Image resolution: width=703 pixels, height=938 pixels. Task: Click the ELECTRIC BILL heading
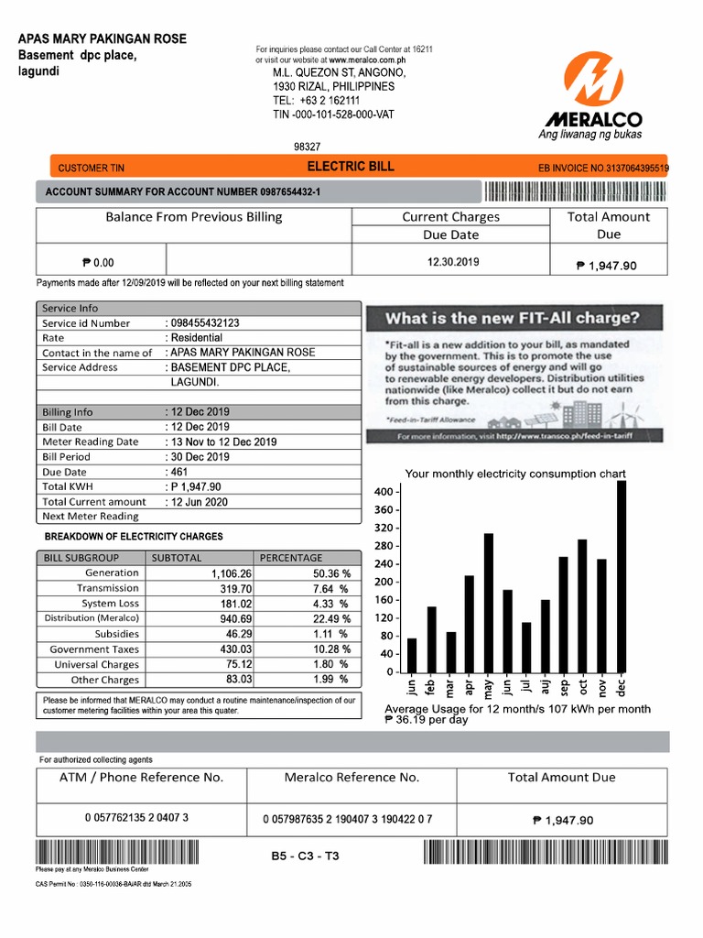[351, 167]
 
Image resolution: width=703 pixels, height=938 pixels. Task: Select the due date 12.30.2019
[452, 262]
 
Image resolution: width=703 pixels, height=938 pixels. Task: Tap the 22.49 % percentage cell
[330, 618]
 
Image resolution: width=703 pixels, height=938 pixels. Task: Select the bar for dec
[622, 576]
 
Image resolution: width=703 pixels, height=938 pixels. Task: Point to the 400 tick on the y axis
[384, 493]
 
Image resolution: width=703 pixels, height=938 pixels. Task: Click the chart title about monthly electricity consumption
[515, 474]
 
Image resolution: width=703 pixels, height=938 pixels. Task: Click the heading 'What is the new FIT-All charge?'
[512, 319]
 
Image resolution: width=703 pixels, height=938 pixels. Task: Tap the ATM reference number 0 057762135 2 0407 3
[136, 818]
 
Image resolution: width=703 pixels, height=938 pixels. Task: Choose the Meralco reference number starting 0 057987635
[347, 819]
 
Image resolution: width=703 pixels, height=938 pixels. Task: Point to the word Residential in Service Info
[196, 338]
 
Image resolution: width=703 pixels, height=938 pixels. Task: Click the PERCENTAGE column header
[291, 557]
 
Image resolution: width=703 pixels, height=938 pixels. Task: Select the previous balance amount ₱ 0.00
[99, 263]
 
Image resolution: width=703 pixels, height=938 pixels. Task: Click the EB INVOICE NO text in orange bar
[604, 169]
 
